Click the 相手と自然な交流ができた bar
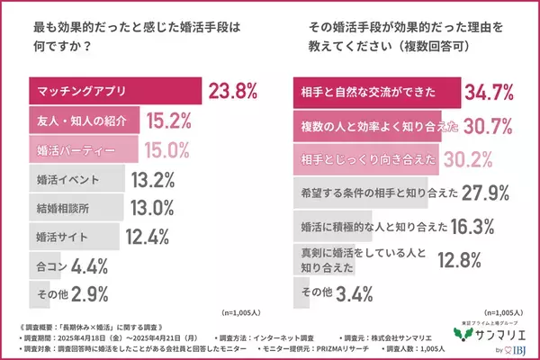pyautogui.click(x=377, y=91)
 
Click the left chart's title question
pyautogui.click(x=130, y=35)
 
